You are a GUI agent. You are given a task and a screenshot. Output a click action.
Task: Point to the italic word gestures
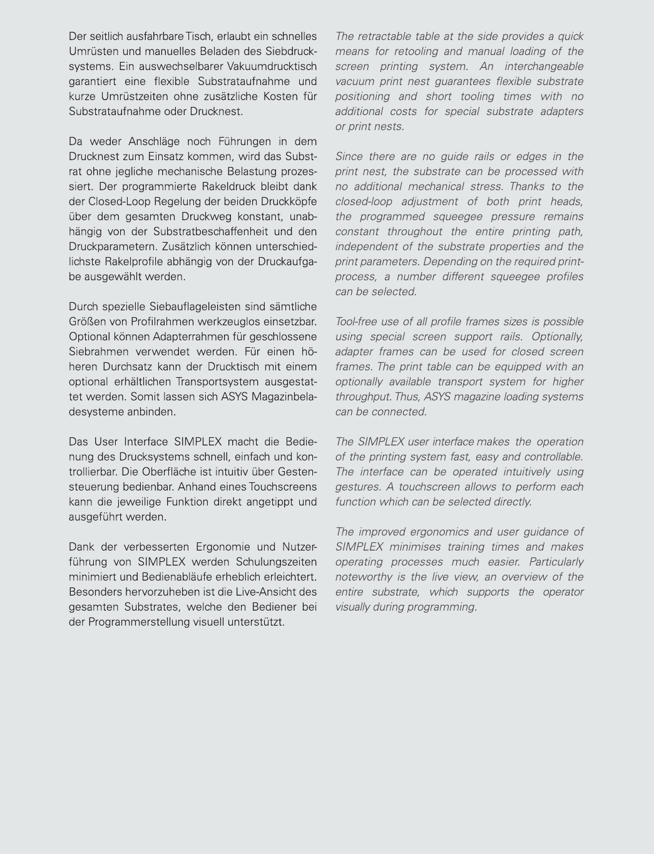click(x=356, y=487)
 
